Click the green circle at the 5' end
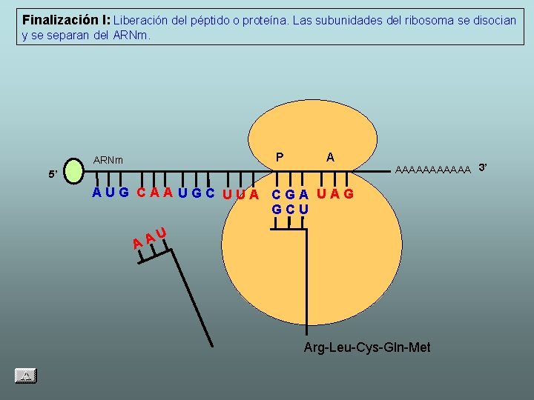(74, 169)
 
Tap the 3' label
(483, 167)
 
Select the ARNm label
(108, 160)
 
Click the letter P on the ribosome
(280, 156)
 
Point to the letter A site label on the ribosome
(330, 156)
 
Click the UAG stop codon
(335, 194)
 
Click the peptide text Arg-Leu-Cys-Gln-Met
(367, 347)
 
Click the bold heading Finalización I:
(66, 19)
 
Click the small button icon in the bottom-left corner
(25, 376)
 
